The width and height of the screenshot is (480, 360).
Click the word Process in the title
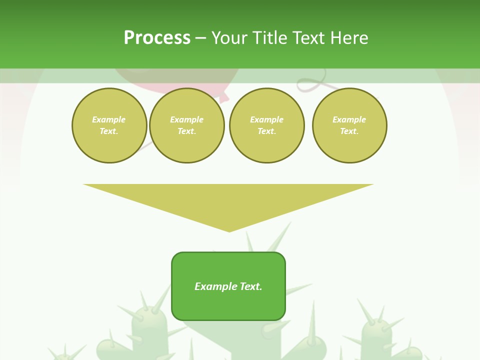157,38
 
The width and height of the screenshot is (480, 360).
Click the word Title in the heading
268,38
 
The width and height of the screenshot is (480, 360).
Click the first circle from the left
109,125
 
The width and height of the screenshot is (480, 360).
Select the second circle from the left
186,125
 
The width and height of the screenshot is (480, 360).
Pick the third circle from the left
266,125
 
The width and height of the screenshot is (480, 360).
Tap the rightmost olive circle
349,125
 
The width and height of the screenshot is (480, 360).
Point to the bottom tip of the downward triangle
229,231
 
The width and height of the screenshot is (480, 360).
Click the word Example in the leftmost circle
109,119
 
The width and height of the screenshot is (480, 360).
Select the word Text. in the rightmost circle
349,131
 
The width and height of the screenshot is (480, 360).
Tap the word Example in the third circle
266,119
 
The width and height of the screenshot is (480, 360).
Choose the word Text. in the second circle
186,131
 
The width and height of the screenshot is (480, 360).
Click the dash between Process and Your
200,38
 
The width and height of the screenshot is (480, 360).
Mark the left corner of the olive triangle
84,184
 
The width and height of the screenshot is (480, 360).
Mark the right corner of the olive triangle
372,184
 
